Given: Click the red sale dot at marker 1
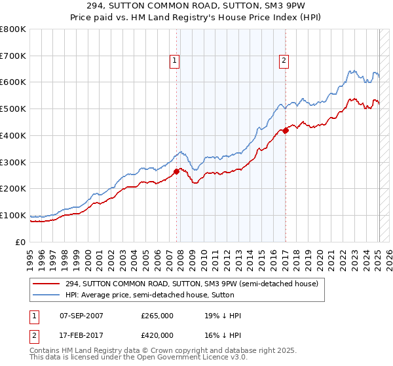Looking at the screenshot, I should [177, 172].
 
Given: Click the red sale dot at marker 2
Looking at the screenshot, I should [286, 131].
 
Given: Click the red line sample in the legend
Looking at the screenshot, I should [47, 284].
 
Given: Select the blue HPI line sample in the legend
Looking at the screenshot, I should [47, 295].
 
